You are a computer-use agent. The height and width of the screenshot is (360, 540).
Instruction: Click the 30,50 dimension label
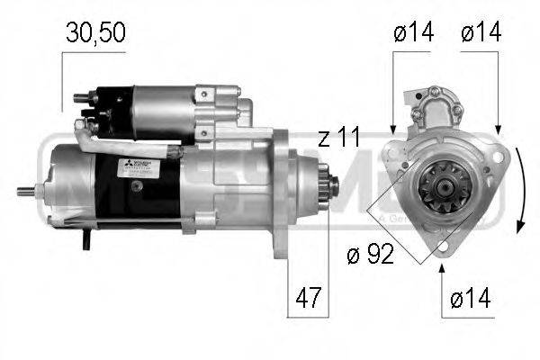point(94,33)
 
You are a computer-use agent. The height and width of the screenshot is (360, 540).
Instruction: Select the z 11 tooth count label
point(338,138)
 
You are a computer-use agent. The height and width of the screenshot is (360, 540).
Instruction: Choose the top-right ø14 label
point(481,33)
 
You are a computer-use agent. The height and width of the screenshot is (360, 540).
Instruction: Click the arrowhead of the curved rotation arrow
point(517,226)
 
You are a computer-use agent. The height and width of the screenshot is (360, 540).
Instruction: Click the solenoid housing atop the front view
point(440,105)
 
